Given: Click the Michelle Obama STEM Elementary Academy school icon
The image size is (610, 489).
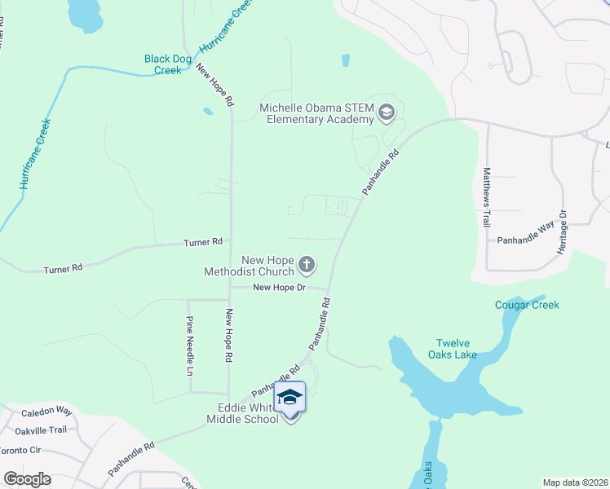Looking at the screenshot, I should pyautogui.click(x=387, y=113).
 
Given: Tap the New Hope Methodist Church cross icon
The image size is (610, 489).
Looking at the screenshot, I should pyautogui.click(x=307, y=263).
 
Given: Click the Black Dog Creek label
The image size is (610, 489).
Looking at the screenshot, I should pyautogui.click(x=168, y=64).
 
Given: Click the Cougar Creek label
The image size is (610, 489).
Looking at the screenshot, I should pyautogui.click(x=527, y=305).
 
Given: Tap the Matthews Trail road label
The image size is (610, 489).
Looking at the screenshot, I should pyautogui.click(x=487, y=196).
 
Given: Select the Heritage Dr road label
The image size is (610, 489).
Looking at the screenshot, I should pyautogui.click(x=562, y=231).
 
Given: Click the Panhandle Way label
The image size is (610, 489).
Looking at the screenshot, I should pyautogui.click(x=526, y=240).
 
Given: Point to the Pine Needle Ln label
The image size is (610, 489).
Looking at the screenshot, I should pyautogui.click(x=190, y=345).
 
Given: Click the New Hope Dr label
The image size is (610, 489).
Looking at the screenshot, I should pyautogui.click(x=279, y=287).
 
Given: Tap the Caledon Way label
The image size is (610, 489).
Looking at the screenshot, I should pyautogui.click(x=46, y=413).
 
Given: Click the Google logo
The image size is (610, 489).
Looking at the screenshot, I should pyautogui.click(x=28, y=478).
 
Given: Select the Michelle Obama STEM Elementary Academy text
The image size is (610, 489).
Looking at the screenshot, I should pyautogui.click(x=316, y=113).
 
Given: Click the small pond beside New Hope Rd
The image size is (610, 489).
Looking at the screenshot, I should pyautogui.click(x=208, y=111).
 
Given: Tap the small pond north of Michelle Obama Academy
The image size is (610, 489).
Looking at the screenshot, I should pyautogui.click(x=346, y=60).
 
